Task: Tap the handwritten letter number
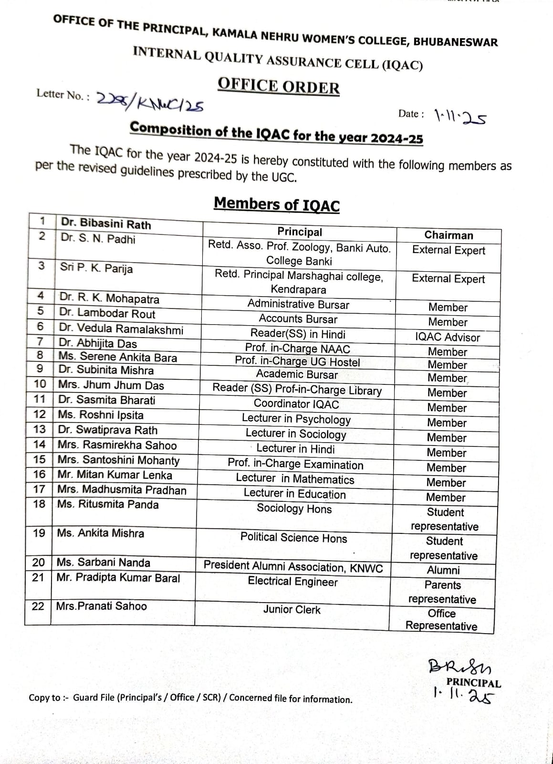[150, 101]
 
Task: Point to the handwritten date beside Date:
[460, 117]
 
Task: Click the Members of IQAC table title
[277, 204]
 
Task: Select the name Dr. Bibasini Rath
[105, 224]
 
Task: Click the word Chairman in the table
[449, 235]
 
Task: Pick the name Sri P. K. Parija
[96, 268]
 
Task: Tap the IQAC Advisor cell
[447, 337]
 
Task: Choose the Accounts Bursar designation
[298, 319]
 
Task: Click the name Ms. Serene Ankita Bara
[117, 357]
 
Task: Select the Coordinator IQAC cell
[296, 404]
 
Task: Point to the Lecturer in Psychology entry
[296, 419]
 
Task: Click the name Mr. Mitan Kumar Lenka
[115, 475]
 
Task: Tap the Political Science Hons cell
[293, 538]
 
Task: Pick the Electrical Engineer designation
[292, 582]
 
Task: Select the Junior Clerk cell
[292, 610]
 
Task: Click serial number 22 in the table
[38, 606]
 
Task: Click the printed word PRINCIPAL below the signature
[473, 683]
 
